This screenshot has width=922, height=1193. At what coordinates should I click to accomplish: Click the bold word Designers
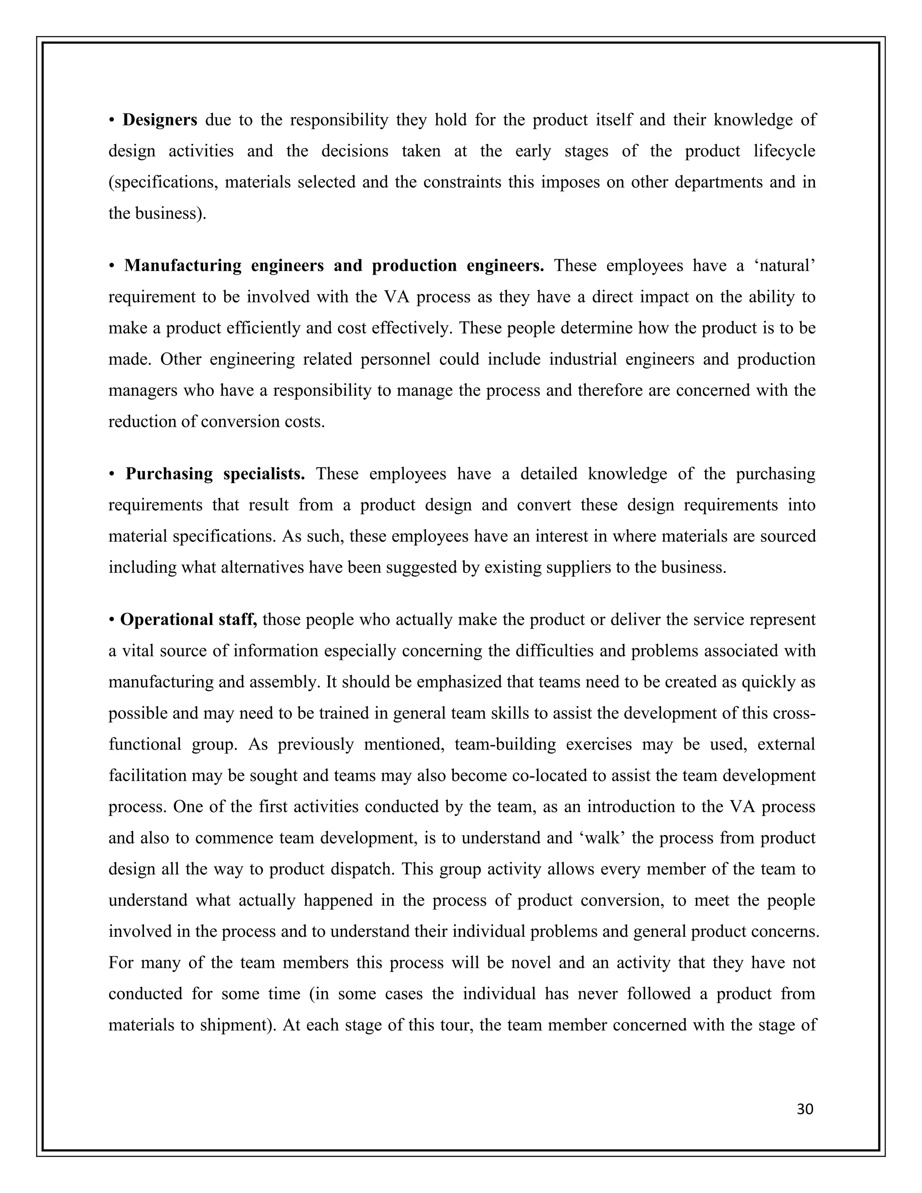click(x=159, y=120)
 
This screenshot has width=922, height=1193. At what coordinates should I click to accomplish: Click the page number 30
click(x=805, y=1109)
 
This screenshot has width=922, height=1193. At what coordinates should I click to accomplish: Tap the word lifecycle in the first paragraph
click(x=784, y=151)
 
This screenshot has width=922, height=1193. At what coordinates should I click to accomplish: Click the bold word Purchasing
click(x=169, y=474)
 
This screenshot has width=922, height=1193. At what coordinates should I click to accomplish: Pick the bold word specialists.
click(x=264, y=474)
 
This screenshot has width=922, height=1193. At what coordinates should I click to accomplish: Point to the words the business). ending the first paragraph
click(x=157, y=213)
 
